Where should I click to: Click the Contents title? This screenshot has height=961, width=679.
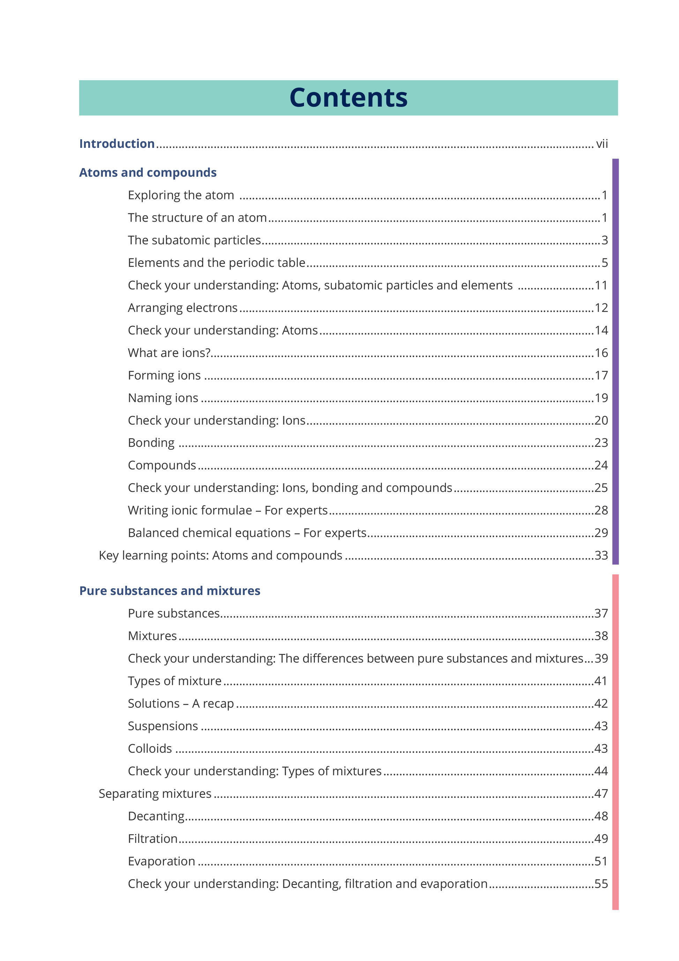(348, 98)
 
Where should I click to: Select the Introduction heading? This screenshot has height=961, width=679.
(117, 144)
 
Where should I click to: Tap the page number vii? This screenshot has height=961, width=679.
(602, 144)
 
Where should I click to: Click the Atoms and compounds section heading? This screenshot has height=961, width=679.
(148, 172)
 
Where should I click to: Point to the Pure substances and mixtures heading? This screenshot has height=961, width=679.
(170, 591)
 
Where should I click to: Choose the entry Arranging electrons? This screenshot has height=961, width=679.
(182, 308)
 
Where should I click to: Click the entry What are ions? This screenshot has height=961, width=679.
(169, 353)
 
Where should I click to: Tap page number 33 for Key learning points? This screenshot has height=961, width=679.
(601, 555)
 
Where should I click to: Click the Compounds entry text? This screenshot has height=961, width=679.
(162, 465)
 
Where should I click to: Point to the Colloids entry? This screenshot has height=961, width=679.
(150, 748)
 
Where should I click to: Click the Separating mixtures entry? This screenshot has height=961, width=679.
(155, 794)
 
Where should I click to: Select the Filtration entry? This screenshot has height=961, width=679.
(153, 839)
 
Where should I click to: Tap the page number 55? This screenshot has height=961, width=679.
(601, 884)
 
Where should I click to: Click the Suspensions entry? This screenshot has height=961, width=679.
(163, 726)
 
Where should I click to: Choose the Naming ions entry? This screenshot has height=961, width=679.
(163, 398)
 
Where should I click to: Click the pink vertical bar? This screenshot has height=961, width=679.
(615, 742)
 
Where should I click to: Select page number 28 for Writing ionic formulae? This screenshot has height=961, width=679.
(601, 510)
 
